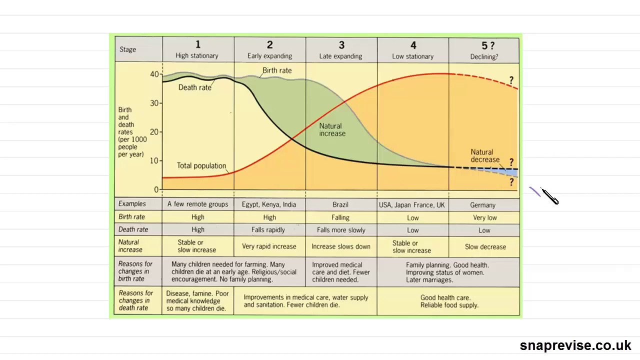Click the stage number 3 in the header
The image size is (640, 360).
click(x=341, y=45)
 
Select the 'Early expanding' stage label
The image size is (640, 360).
click(x=269, y=56)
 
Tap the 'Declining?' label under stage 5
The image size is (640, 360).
click(x=484, y=56)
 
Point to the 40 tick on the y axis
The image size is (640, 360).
click(x=154, y=74)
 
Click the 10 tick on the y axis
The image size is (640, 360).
click(x=154, y=160)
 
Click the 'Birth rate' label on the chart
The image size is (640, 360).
click(x=277, y=70)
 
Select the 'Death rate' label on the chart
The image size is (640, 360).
click(x=195, y=87)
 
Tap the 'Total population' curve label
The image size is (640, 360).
click(x=201, y=165)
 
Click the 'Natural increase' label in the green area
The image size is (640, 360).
click(x=332, y=130)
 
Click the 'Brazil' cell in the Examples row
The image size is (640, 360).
click(x=340, y=204)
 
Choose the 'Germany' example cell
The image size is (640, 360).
click(x=483, y=205)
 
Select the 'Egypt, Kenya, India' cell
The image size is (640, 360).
click(x=269, y=204)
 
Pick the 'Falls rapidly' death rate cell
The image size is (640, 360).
click(x=268, y=230)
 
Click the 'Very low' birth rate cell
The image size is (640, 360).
click(x=484, y=217)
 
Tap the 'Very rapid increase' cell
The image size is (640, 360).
click(x=269, y=246)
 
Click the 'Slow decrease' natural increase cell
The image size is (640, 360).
click(x=485, y=246)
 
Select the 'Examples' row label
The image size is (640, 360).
click(x=132, y=204)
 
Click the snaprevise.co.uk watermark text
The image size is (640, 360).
click(x=575, y=345)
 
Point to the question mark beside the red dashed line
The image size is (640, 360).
click(x=511, y=80)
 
